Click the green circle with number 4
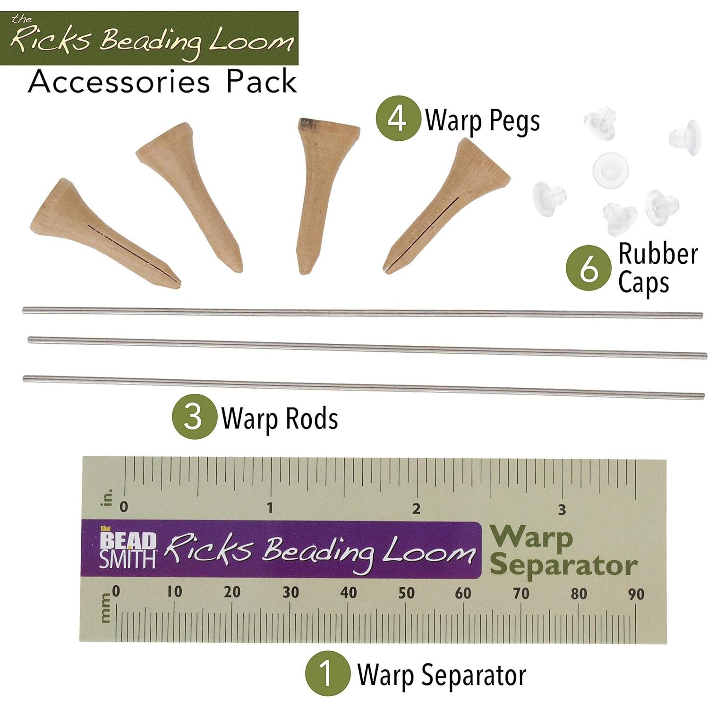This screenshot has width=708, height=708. click(x=398, y=118)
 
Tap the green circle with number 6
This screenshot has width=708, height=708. click(x=589, y=268)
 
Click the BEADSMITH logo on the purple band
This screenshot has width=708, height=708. click(x=128, y=549)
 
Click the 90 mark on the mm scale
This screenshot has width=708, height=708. click(x=636, y=594)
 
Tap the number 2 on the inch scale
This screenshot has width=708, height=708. click(x=416, y=509)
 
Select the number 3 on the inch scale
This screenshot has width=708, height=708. click(x=562, y=510)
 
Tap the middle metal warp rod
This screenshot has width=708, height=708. click(x=367, y=347)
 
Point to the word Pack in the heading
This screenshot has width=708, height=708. click(x=262, y=82)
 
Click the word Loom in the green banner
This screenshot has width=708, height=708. click(x=251, y=41)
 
